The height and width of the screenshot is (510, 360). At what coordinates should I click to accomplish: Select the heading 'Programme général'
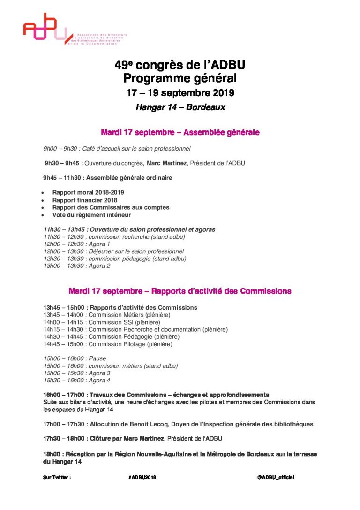[x=180, y=78]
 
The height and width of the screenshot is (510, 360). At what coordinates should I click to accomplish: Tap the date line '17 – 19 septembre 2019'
[x=180, y=93]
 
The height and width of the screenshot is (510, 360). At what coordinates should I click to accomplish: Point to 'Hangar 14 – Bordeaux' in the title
[x=180, y=107]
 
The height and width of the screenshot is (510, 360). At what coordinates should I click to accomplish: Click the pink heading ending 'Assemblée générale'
[x=180, y=133]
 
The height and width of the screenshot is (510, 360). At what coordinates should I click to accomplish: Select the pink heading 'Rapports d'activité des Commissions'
[x=180, y=291]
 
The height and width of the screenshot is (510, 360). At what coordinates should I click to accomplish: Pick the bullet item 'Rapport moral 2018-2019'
[x=88, y=193]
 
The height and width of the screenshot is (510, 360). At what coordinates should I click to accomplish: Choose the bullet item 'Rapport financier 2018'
[x=85, y=200]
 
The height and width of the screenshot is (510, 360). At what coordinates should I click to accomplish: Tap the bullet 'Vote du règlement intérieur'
[x=91, y=215]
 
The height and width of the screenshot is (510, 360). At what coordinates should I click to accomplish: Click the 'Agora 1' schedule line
[x=77, y=244]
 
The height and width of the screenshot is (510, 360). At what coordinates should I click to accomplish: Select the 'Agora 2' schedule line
[x=77, y=266]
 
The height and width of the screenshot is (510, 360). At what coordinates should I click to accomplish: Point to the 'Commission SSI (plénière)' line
[x=102, y=322]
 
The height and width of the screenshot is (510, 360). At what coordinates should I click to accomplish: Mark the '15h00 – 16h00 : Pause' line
[x=75, y=359]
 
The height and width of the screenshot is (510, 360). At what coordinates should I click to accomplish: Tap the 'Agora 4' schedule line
[x=77, y=381]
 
